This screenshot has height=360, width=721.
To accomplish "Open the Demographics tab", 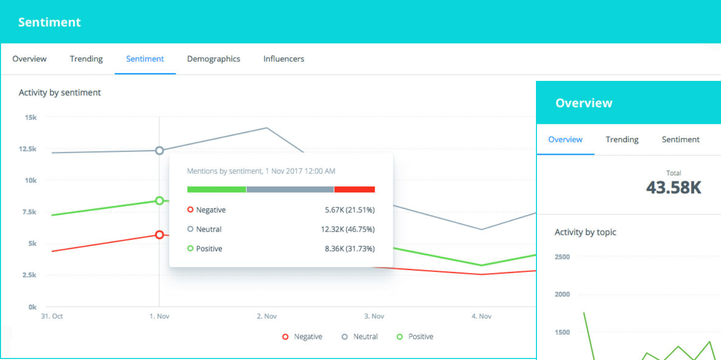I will click(x=213, y=59).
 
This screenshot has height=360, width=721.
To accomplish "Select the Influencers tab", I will click(x=284, y=59).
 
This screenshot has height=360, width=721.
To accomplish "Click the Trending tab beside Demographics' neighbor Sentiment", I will click(x=86, y=59).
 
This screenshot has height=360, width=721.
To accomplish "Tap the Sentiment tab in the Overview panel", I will click(x=681, y=140).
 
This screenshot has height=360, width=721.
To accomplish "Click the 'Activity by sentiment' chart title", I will click(x=60, y=93).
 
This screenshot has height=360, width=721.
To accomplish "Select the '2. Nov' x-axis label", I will click(x=266, y=316).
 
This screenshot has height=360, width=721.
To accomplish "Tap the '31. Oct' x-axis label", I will click(x=52, y=316).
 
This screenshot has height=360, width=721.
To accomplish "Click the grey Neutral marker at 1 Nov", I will click(x=159, y=151).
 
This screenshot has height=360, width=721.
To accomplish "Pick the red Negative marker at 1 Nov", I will click(x=159, y=235).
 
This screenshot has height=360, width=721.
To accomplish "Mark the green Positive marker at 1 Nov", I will click(x=159, y=201).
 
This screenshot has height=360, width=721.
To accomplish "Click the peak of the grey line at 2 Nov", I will click(x=266, y=128).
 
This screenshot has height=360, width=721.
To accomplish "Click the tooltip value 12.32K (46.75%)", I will click(x=347, y=229).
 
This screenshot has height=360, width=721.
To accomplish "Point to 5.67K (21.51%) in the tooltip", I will click(x=349, y=210).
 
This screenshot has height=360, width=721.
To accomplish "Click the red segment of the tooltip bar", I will click(x=354, y=190).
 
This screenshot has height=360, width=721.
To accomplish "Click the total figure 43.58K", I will click(x=673, y=188).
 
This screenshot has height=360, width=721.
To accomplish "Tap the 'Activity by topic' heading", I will click(x=585, y=232).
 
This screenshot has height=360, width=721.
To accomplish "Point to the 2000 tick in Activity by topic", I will click(x=562, y=294).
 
